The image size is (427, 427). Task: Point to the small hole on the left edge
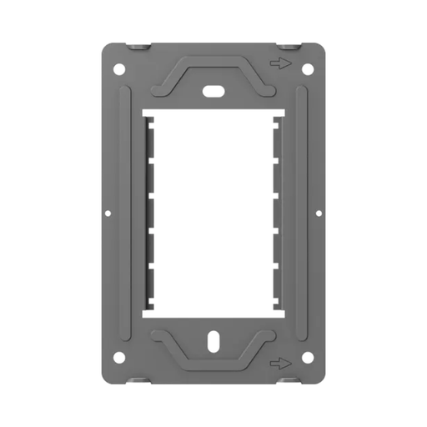[108, 213]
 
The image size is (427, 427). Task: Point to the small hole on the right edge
[319, 213]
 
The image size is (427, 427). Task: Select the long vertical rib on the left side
[126, 213]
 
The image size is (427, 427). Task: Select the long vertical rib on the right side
[301, 213]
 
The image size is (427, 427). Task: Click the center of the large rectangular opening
[213, 213]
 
